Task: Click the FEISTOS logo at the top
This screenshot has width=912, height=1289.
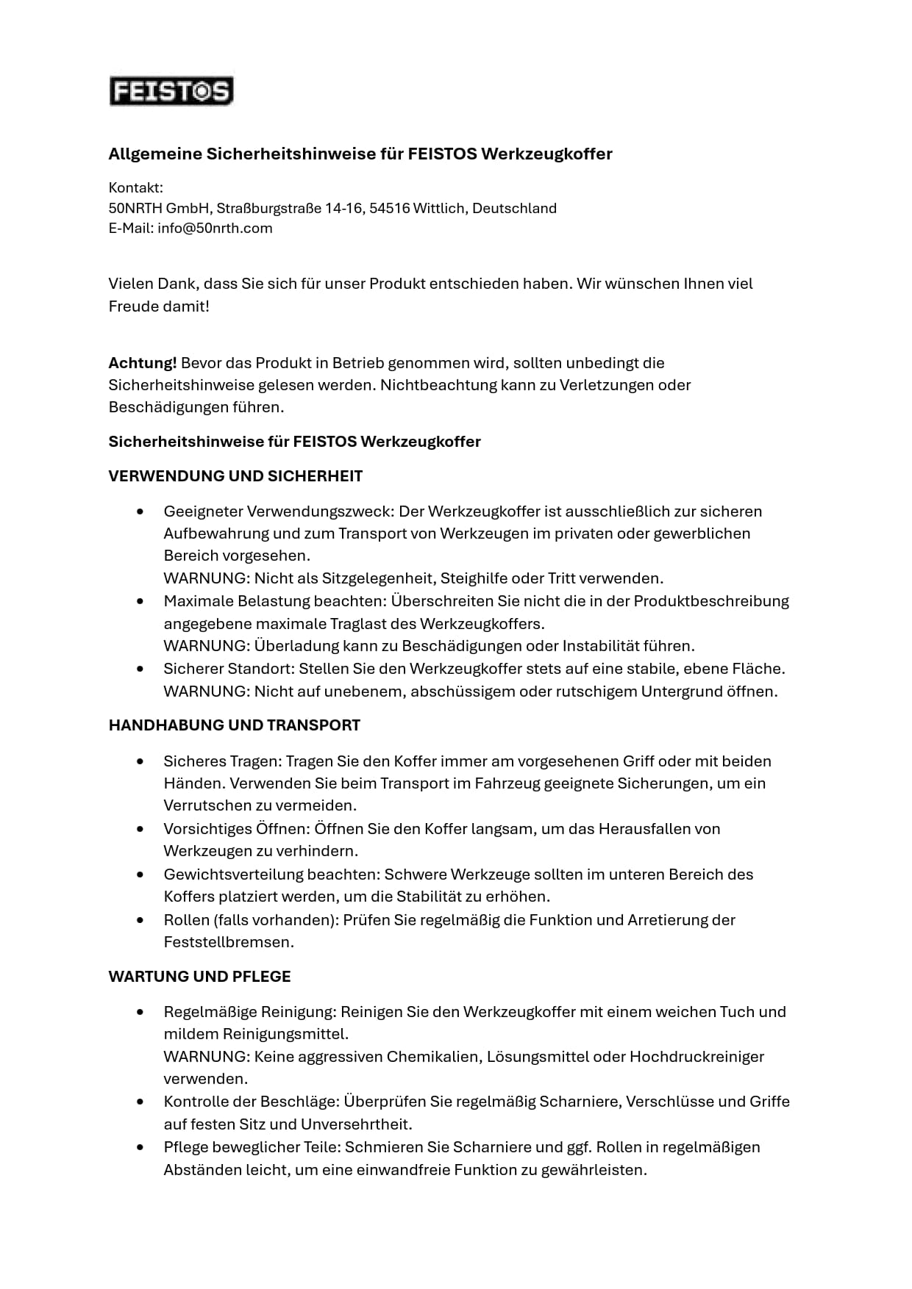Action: click(x=171, y=92)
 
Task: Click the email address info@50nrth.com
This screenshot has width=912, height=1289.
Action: click(x=215, y=229)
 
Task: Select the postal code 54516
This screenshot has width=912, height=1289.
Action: click(x=389, y=209)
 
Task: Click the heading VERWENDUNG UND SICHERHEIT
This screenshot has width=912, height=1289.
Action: click(x=235, y=476)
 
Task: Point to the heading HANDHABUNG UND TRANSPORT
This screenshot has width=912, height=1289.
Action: click(x=234, y=725)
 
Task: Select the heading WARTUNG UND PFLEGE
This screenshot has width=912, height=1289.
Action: click(x=199, y=977)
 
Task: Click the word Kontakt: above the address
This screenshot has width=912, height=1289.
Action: click(x=135, y=188)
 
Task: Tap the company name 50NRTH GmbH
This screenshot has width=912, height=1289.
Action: click(x=159, y=209)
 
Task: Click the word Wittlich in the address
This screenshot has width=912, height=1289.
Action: click(x=439, y=209)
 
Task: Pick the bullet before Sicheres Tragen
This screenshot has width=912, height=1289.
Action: click(x=140, y=762)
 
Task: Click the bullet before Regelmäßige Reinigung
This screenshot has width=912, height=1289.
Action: click(x=140, y=1013)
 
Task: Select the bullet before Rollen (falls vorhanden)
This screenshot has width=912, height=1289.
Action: click(x=140, y=921)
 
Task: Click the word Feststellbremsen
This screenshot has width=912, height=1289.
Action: click(x=229, y=942)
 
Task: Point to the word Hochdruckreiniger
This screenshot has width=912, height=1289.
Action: click(x=697, y=1057)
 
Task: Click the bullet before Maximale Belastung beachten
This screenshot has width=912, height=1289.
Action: click(x=140, y=602)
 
